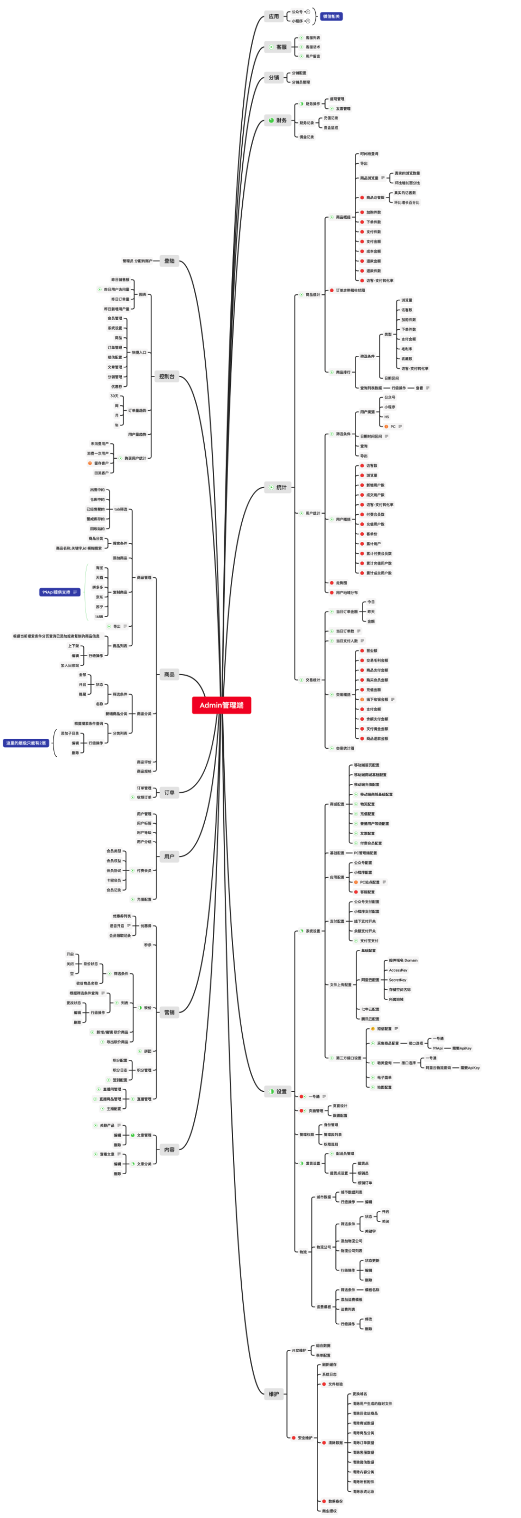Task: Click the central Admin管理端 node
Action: [221, 705]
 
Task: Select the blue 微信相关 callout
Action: [331, 16]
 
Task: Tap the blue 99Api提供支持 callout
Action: [59, 591]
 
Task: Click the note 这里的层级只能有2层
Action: [26, 743]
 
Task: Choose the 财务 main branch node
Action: [278, 120]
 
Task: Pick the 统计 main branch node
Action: [278, 488]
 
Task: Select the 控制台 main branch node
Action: [167, 376]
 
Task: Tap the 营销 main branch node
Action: [169, 1012]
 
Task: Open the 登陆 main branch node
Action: [169, 261]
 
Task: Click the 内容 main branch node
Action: [169, 1149]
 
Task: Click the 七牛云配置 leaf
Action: [370, 1009]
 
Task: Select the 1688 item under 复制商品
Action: [99, 616]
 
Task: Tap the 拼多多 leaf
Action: [98, 587]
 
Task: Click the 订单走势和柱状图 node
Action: [350, 290]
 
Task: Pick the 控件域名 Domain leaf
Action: [403, 960]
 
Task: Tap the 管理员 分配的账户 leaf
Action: [137, 261]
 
